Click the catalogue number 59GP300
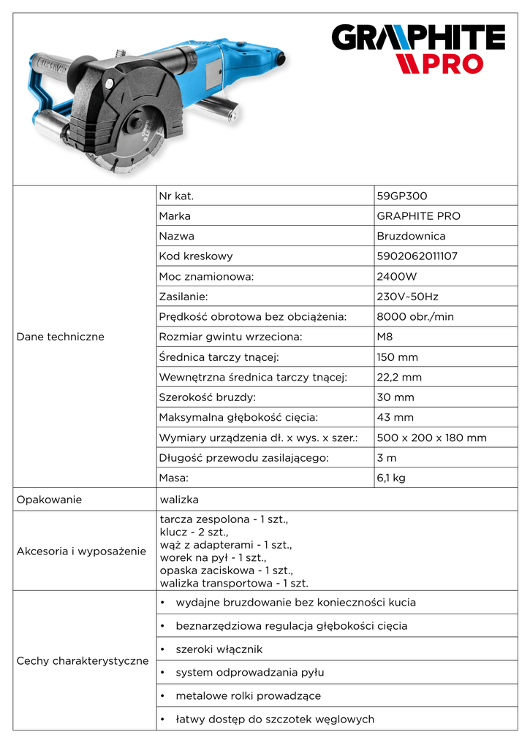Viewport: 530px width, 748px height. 401,196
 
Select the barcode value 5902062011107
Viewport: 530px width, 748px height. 417,256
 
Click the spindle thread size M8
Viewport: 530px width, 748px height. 385,337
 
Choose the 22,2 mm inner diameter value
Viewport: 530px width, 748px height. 399,378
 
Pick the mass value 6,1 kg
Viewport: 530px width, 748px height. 391,478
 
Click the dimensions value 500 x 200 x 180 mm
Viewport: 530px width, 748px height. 431,438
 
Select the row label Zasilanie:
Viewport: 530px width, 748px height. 183,297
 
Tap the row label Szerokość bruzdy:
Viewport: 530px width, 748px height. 207,397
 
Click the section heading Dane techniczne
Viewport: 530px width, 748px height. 60,337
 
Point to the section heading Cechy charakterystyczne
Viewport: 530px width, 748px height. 82,661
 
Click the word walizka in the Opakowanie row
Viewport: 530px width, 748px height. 179,500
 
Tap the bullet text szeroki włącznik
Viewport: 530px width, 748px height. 219,649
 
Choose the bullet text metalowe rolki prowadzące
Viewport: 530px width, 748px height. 248,696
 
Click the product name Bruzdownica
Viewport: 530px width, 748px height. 411,237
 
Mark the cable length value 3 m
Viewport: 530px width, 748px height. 387,458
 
